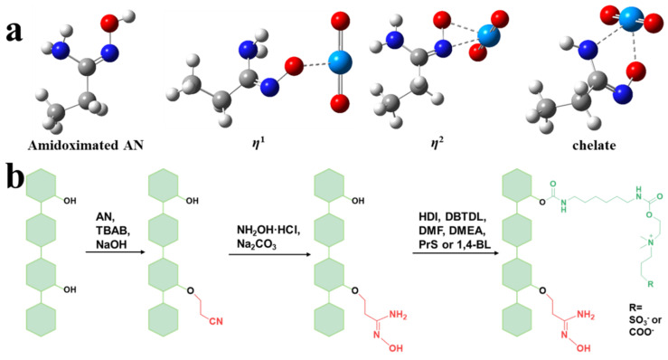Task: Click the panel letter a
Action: click(x=14, y=30)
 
